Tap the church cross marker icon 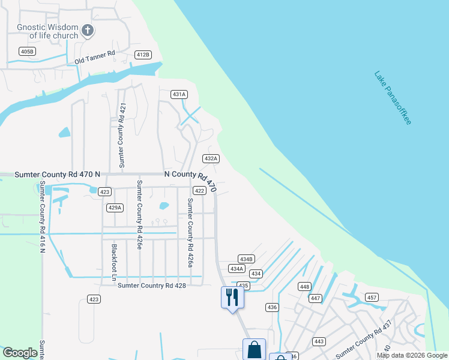pyautogui.click(x=88, y=30)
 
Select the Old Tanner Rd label pyautogui.click(x=95, y=58)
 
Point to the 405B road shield pyautogui.click(x=27, y=52)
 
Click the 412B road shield pyautogui.click(x=142, y=55)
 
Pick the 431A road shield pyautogui.click(x=179, y=94)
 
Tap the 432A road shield pyautogui.click(x=210, y=158)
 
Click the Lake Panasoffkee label pyautogui.click(x=393, y=98)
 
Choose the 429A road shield pyautogui.click(x=115, y=208)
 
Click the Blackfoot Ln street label pyautogui.click(x=113, y=262)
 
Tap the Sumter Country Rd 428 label pyautogui.click(x=152, y=286)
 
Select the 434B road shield pyautogui.click(x=246, y=259)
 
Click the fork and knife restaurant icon pyautogui.click(x=232, y=296)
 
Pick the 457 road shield pyautogui.click(x=372, y=298)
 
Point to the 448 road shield pyautogui.click(x=304, y=286)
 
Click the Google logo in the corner pyautogui.click(x=20, y=353)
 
